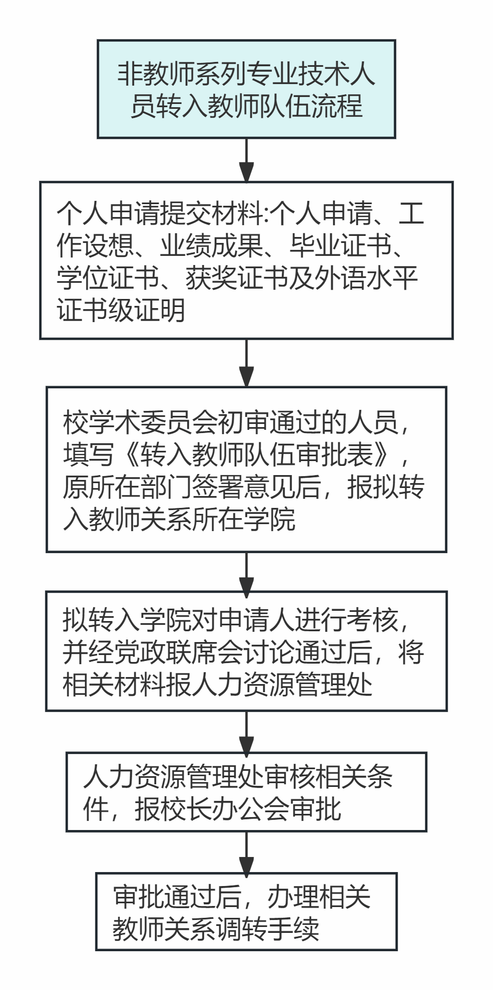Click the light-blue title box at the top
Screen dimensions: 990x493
click(246, 89)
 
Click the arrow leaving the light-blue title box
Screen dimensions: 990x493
click(246, 160)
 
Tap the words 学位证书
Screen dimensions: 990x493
click(108, 278)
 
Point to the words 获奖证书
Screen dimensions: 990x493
click(237, 278)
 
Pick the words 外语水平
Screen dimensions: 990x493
click(366, 278)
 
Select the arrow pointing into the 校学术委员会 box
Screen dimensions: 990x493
click(246, 362)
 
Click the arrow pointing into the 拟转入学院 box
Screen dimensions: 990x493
click(246, 572)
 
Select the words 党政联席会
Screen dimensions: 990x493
click(192, 652)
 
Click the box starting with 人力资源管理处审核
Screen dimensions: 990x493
click(246, 792)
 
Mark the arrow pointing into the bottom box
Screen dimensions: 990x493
click(246, 852)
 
